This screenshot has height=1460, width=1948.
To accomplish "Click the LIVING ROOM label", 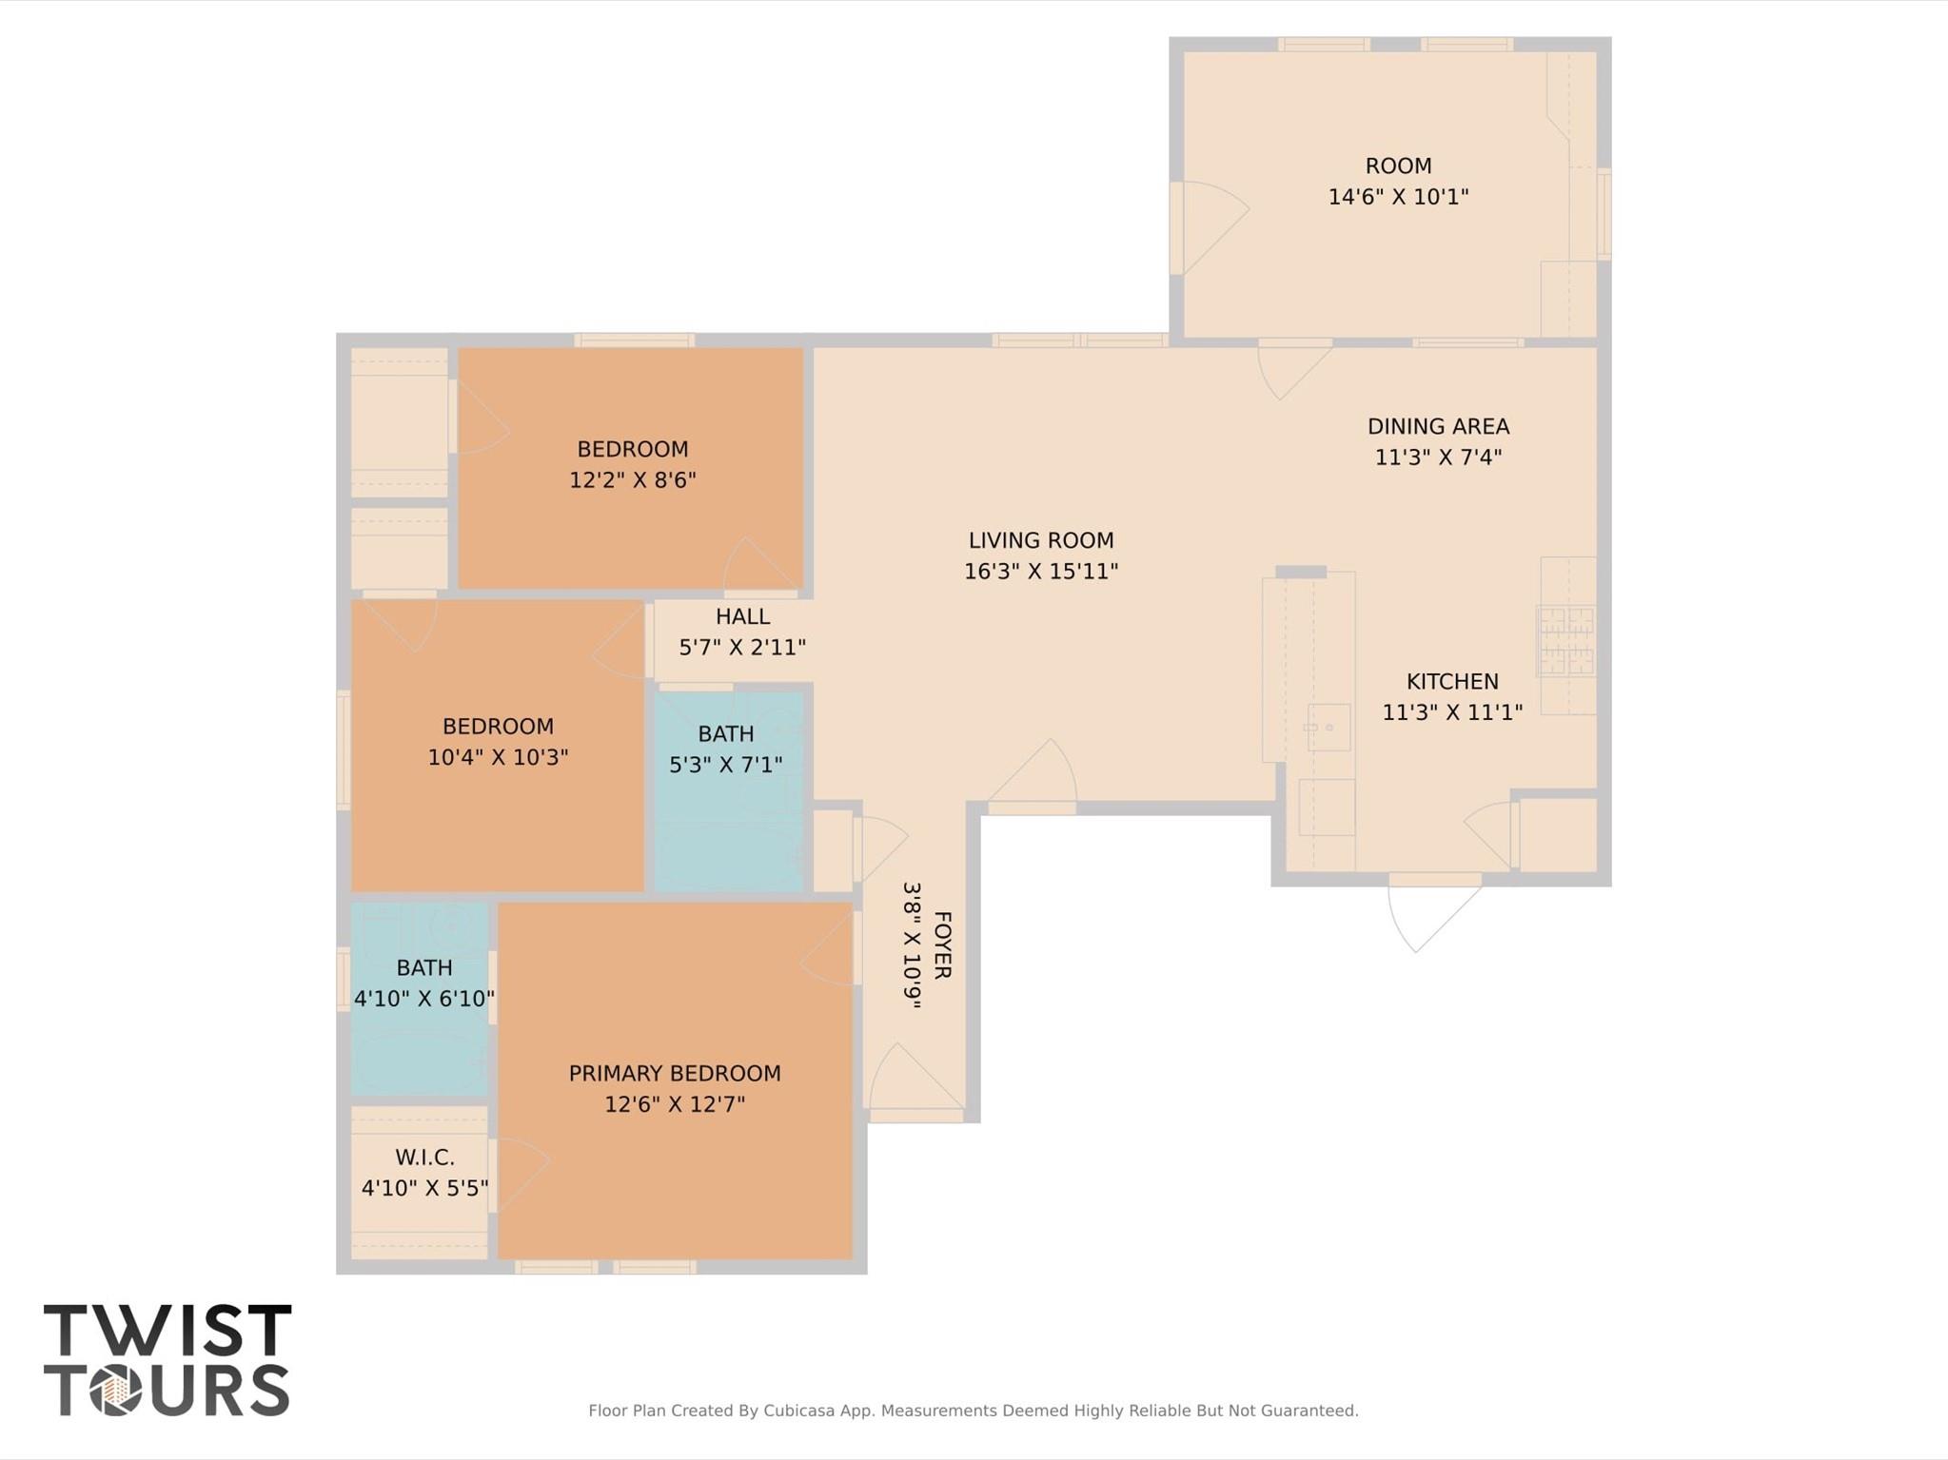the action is click(1041, 540).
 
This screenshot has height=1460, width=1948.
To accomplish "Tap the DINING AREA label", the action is click(1438, 426).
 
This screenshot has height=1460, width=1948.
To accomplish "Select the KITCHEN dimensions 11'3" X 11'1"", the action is click(1452, 711).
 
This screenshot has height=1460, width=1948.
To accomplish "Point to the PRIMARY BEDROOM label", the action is click(675, 1073).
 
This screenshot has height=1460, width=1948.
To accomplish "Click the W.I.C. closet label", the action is click(424, 1158).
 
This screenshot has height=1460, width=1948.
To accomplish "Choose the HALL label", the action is click(742, 616).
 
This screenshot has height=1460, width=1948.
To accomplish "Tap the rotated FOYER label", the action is click(941, 944).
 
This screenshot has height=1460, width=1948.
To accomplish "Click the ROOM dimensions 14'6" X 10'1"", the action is click(1398, 197).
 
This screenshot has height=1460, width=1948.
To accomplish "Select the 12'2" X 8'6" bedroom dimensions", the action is click(633, 479).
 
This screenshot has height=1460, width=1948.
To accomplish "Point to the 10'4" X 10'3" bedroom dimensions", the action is click(498, 757).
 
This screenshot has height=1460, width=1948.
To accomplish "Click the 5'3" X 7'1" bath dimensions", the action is click(726, 765).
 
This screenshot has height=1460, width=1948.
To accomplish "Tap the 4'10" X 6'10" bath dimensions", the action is click(424, 999).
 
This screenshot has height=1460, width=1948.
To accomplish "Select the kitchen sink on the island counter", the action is click(1328, 728).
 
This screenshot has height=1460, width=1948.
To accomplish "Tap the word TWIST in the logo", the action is click(167, 1331).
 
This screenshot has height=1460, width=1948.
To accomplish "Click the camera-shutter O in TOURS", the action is click(116, 1392).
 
